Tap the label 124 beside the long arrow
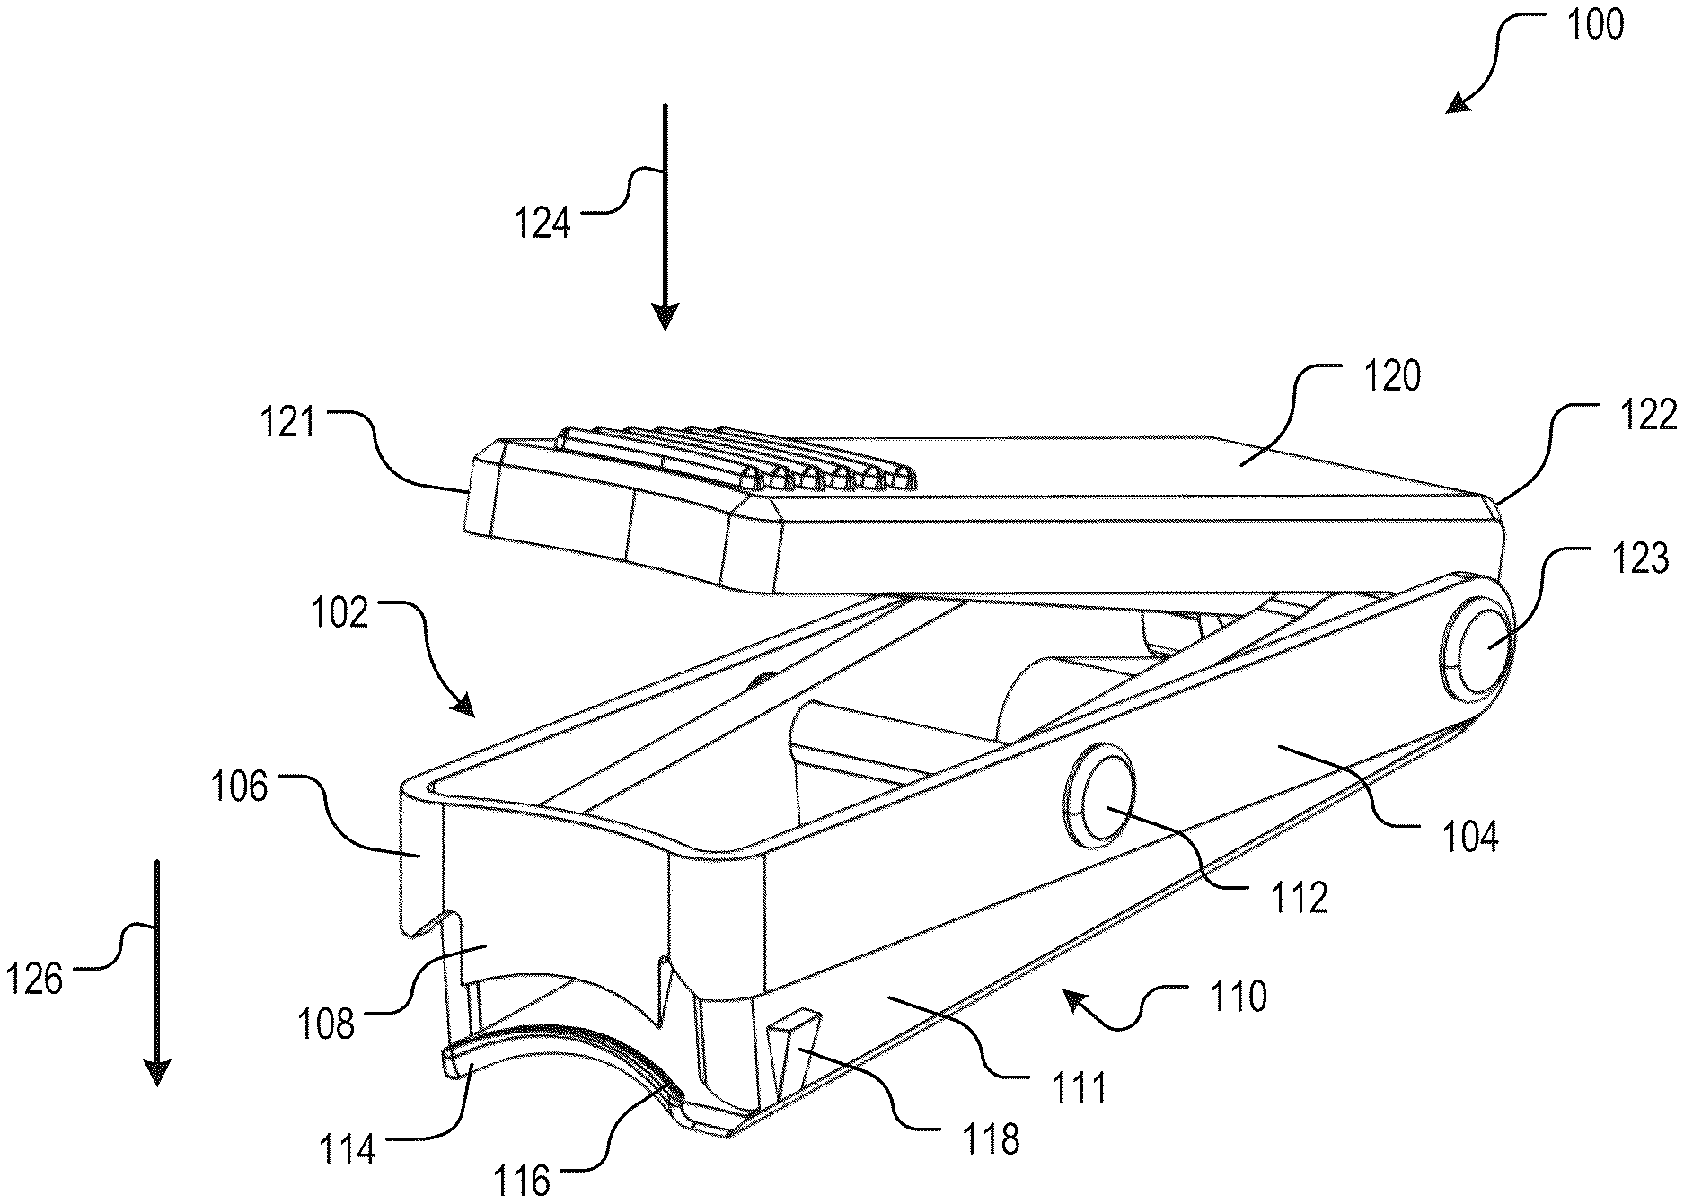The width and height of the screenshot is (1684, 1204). (542, 223)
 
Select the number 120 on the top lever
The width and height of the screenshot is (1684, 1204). (1392, 376)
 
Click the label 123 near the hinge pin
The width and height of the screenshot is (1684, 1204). (1640, 558)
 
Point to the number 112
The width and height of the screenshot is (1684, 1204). (1299, 897)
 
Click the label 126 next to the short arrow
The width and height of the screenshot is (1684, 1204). (35, 980)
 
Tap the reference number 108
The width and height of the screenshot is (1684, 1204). (326, 1024)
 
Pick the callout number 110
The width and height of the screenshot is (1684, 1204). (1237, 996)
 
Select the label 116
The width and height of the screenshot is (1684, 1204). (522, 1181)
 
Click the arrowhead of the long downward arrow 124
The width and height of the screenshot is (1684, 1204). (665, 317)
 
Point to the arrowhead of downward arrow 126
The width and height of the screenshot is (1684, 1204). (157, 1072)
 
